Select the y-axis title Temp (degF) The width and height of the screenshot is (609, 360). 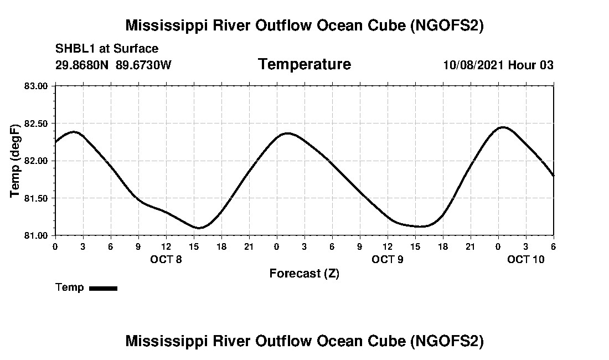(16, 161)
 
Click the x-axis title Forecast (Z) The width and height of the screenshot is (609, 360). (304, 273)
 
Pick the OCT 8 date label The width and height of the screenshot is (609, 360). (166, 259)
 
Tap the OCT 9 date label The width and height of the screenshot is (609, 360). (388, 259)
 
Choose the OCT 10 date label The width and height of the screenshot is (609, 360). (526, 259)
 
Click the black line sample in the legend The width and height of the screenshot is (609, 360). (103, 288)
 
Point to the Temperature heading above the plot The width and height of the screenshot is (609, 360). (304, 64)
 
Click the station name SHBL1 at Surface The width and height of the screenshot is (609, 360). (107, 49)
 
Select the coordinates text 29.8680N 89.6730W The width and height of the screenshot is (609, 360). (113, 65)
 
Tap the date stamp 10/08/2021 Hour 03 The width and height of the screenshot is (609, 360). (498, 65)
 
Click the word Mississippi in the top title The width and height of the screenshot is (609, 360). (164, 25)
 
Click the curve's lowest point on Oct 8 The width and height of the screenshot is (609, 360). (198, 228)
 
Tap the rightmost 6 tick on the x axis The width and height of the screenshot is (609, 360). (554, 246)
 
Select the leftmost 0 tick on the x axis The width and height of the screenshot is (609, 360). (55, 246)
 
